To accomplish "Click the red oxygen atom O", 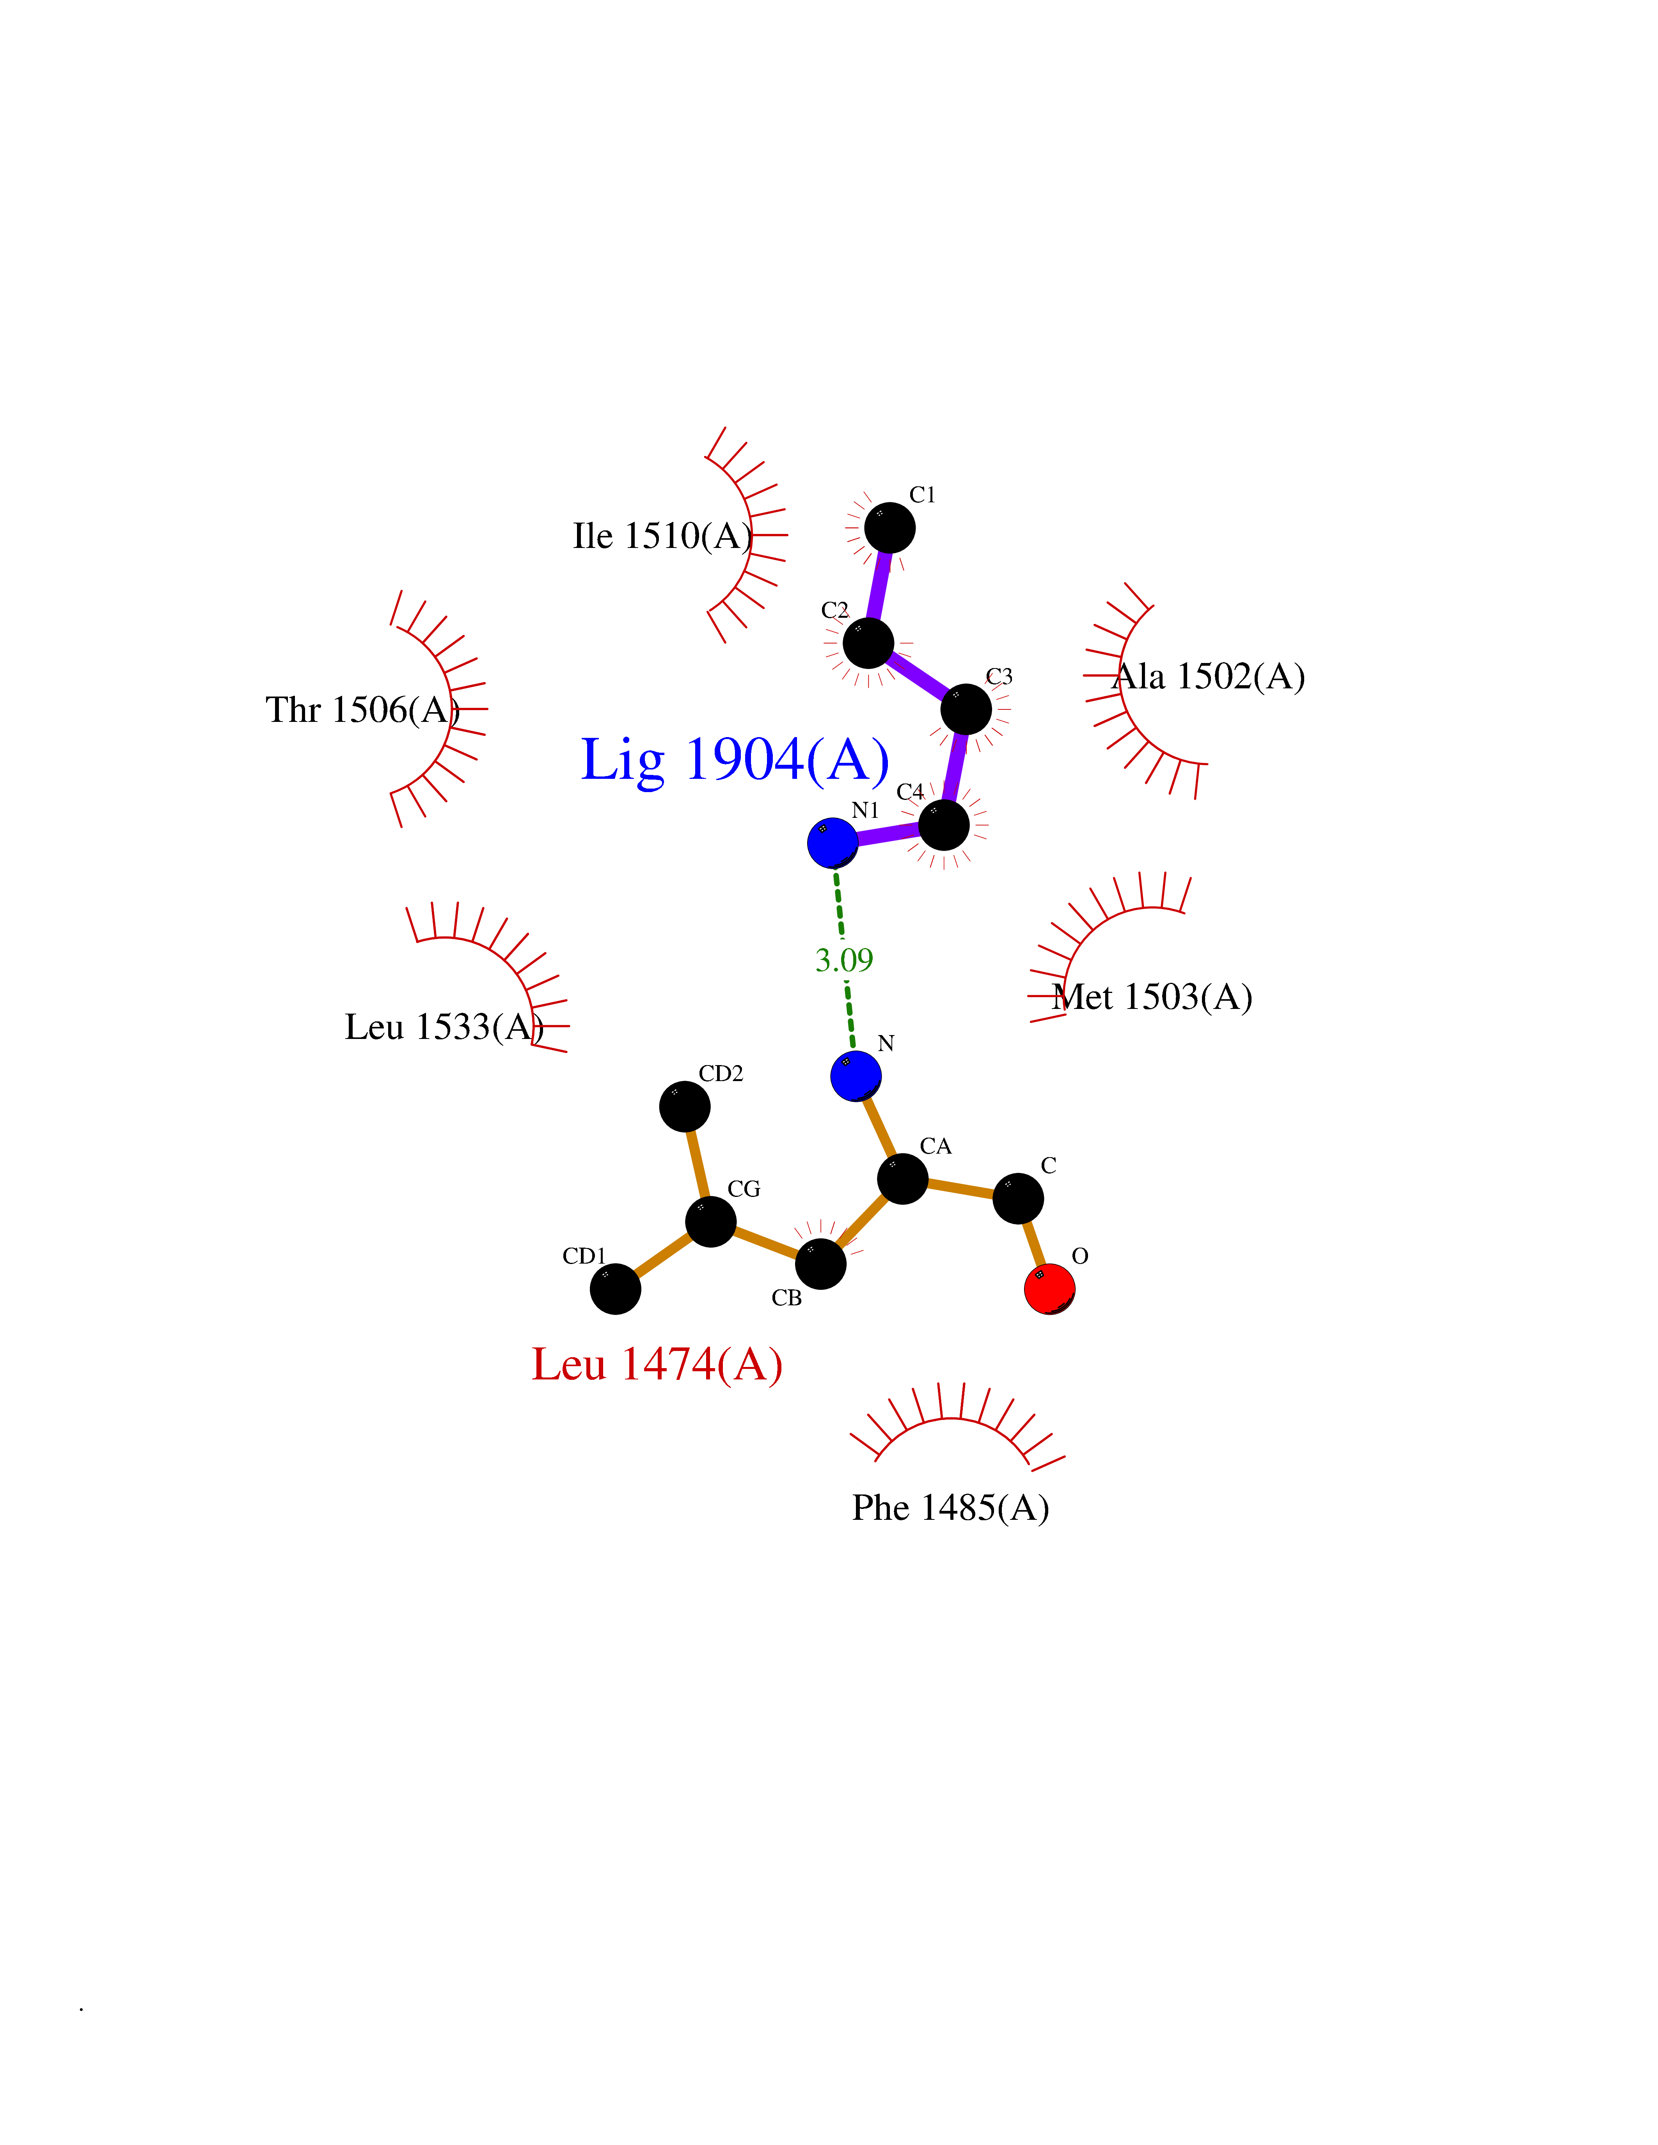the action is (x=1049, y=1289).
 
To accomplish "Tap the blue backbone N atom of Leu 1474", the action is (x=856, y=1076).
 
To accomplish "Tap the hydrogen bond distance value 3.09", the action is (x=844, y=959).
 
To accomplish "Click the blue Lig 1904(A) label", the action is (x=735, y=760).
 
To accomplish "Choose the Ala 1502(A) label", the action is (x=1209, y=677).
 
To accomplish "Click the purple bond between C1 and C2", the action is (x=879, y=585).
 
